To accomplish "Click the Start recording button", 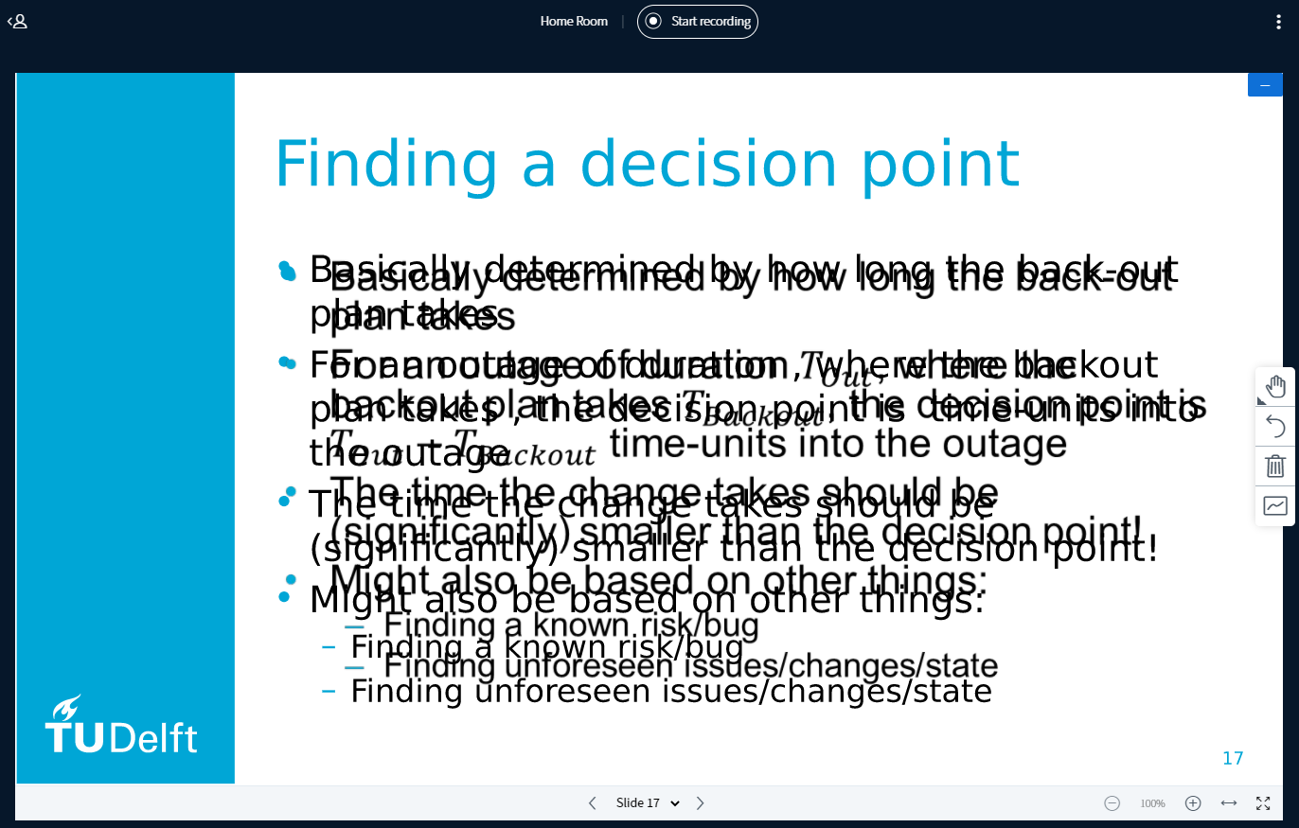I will pos(698,21).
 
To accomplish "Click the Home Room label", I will pos(574,21).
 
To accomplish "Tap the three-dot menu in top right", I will pos(1278,22).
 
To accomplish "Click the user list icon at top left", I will pos(17,21).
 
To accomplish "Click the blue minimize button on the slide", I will pos(1265,85).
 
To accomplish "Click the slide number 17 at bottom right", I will pos(1232,758).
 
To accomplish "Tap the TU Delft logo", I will pos(121,726).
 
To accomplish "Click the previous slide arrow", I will pos(593,803).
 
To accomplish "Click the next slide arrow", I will pos(701,803).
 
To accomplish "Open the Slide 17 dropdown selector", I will pos(648,803).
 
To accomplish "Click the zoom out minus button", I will pos(1112,803).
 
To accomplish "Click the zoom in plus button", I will pos(1193,803).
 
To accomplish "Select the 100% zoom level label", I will pos(1152,803).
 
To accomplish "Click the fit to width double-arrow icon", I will pos(1229,803).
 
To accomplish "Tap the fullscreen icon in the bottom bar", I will pos(1263,803).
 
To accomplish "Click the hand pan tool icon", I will pos(1275,386).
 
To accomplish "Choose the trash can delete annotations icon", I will pos(1275,466).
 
